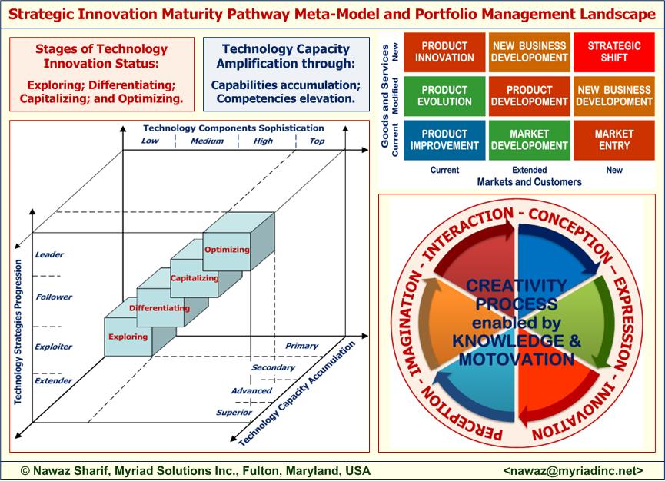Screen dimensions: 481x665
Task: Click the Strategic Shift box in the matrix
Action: [614, 51]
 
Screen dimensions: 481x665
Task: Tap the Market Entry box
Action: [614, 140]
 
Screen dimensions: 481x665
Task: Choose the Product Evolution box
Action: [444, 95]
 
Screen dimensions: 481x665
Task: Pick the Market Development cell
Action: [529, 140]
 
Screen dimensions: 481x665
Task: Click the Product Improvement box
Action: [444, 140]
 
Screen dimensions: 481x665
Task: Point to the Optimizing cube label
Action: [227, 249]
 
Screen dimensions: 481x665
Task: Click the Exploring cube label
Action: [127, 337]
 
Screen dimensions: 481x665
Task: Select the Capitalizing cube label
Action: [194, 277]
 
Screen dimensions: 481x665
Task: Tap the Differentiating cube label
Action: [160, 307]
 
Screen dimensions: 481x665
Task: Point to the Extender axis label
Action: [54, 380]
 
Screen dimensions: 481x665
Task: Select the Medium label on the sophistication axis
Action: [207, 141]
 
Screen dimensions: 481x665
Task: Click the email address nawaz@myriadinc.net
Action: [572, 469]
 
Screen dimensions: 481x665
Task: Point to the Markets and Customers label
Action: [529, 182]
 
